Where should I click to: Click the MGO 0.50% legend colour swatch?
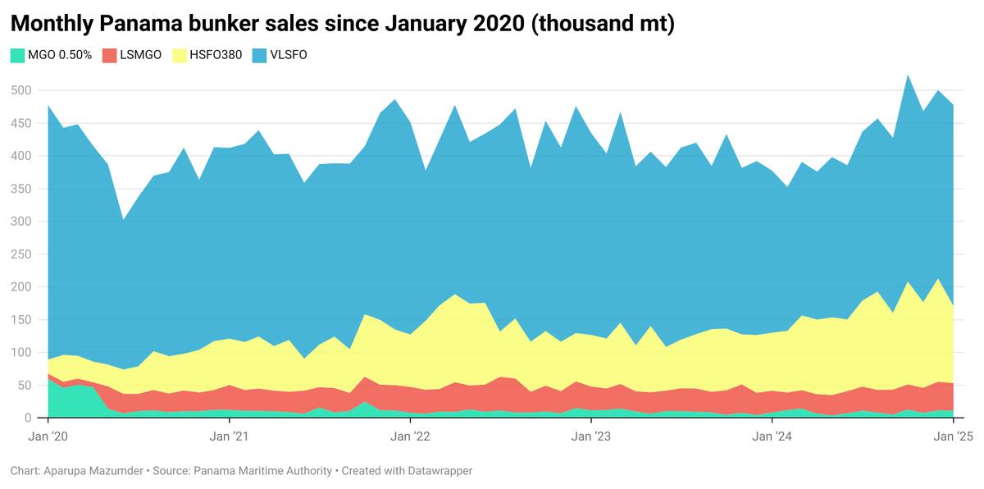[x=17, y=56]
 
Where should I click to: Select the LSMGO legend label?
[x=140, y=56]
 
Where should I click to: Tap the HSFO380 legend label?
[x=215, y=56]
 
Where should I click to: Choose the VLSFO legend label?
[x=289, y=56]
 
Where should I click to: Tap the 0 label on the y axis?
[x=26, y=418]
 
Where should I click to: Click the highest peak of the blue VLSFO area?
[x=908, y=75]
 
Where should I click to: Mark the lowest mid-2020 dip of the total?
[x=123, y=219]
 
